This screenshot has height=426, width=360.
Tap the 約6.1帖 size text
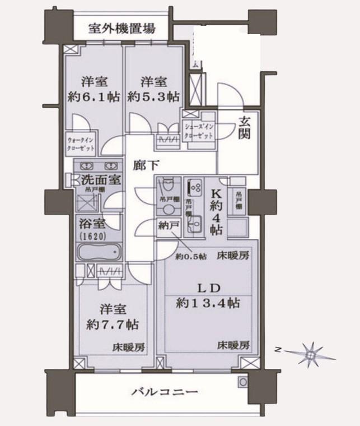click(94, 96)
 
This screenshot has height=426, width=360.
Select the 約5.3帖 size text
click(153, 96)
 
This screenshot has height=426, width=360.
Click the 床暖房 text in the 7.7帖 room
click(129, 347)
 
